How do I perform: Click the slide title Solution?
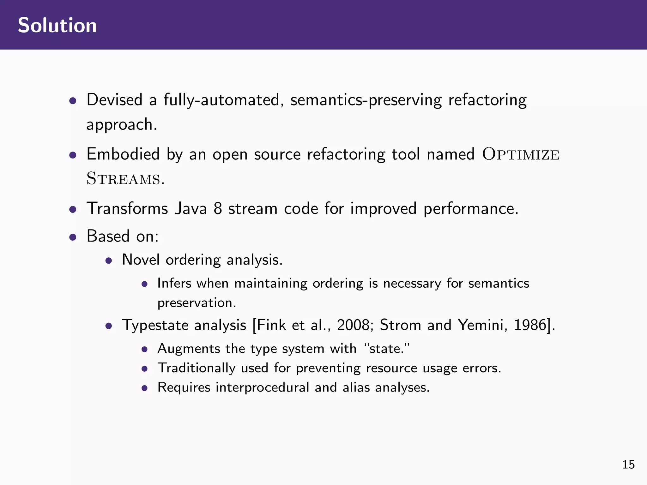(x=57, y=25)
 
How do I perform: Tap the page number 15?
(x=628, y=464)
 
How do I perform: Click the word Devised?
(x=114, y=100)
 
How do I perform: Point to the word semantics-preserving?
(x=366, y=100)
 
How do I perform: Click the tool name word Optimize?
(x=521, y=154)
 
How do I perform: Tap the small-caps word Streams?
(x=124, y=179)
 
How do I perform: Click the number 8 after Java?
(x=218, y=209)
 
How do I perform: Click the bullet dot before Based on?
(x=73, y=237)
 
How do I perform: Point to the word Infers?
(x=174, y=283)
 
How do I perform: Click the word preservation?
(x=196, y=303)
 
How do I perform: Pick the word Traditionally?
(x=197, y=368)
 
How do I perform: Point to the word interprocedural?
(x=262, y=387)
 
